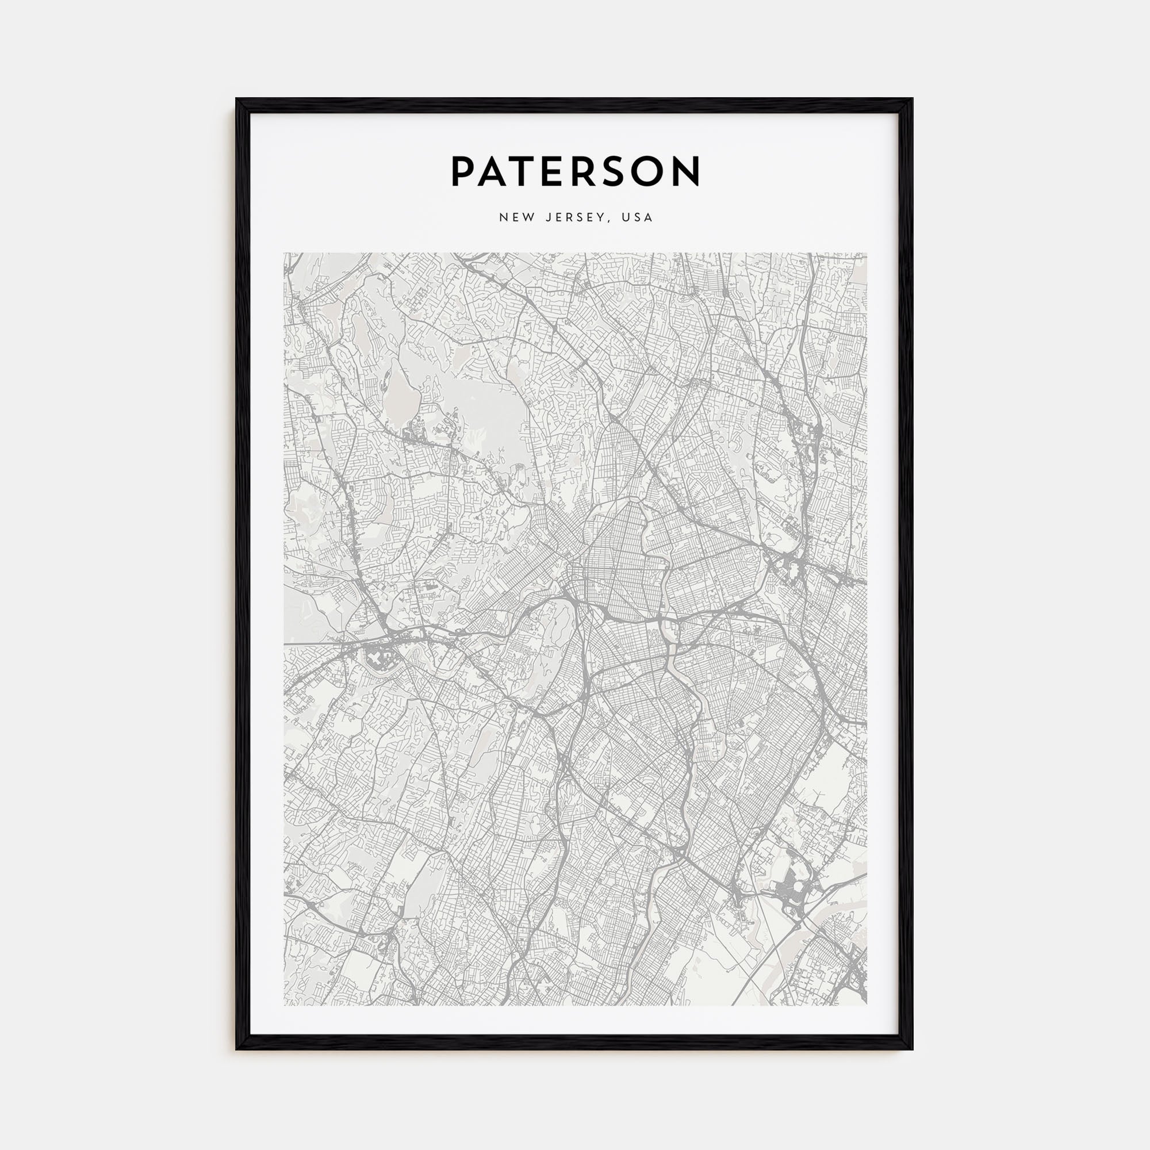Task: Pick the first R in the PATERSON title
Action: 585,172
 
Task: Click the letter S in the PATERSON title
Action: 615,172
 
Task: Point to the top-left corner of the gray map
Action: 285,254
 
